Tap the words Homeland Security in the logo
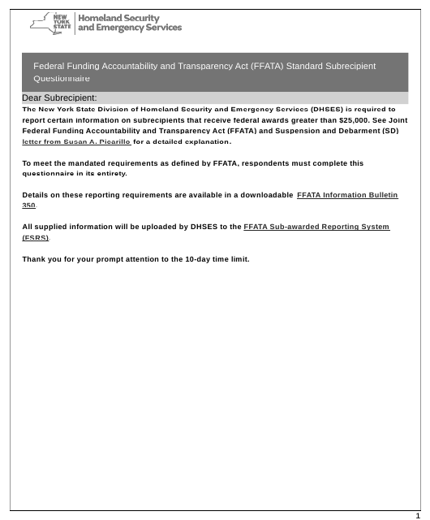tap(118, 17)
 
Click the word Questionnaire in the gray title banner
tap(61, 80)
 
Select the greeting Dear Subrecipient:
tap(59, 97)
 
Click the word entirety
tap(110, 174)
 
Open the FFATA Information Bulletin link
tap(347, 196)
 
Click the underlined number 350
tap(29, 206)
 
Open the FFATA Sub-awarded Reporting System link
tap(316, 226)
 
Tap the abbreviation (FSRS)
tap(36, 237)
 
